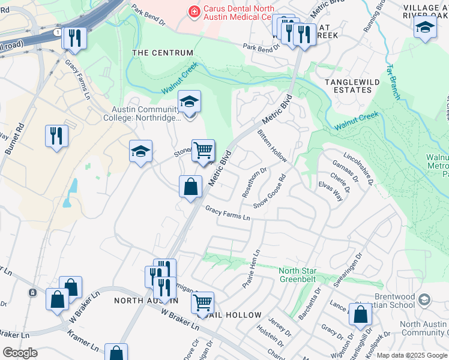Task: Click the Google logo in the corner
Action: (x=20, y=352)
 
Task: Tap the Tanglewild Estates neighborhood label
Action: (x=349, y=85)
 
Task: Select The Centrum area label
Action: (x=162, y=53)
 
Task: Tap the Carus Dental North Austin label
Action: (x=238, y=13)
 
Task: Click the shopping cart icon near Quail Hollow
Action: (x=202, y=302)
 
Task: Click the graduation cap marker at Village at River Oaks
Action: (x=425, y=27)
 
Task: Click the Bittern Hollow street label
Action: (x=272, y=146)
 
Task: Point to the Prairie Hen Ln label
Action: (x=251, y=269)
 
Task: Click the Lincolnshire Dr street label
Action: (x=359, y=170)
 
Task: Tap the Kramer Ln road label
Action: (x=83, y=339)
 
